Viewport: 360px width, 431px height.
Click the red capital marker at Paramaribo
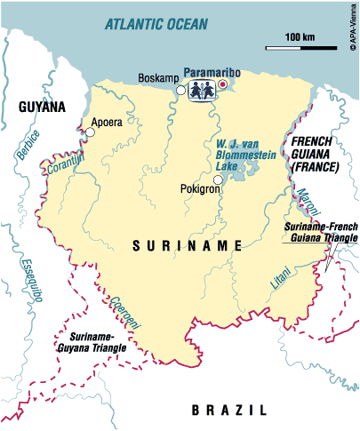(x=222, y=84)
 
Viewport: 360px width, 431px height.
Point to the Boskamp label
(x=156, y=78)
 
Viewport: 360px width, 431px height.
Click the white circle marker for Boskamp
(x=180, y=90)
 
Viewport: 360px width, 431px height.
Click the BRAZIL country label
(x=228, y=411)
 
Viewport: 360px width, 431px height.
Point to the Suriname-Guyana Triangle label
(x=92, y=342)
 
